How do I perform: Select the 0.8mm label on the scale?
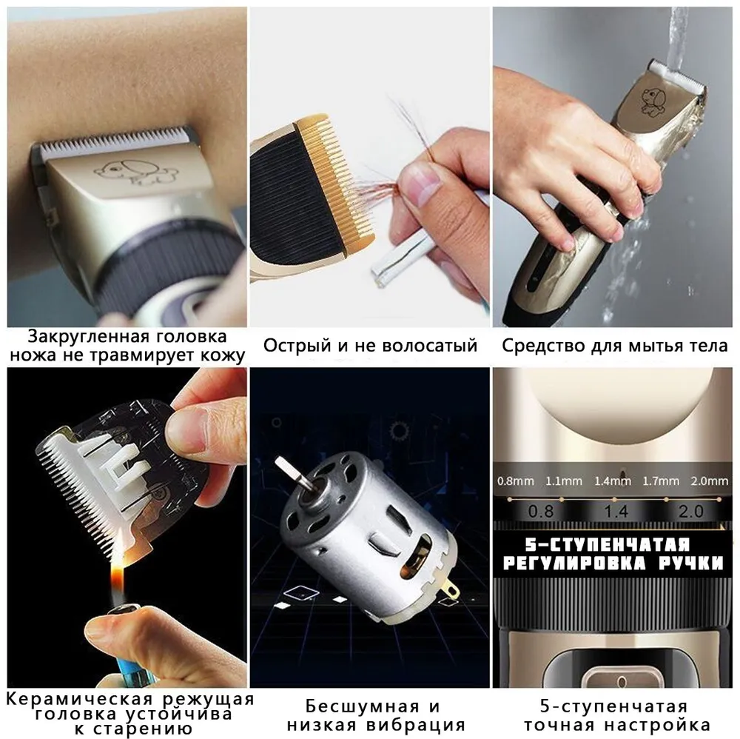point(515,481)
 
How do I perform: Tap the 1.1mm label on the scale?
point(563,481)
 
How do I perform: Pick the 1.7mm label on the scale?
point(661,481)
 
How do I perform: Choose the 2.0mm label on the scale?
point(710,481)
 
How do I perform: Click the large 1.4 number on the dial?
point(616,512)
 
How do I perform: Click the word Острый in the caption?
point(297,346)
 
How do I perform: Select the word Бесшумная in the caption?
point(363,706)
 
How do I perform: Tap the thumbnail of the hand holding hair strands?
point(369,167)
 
